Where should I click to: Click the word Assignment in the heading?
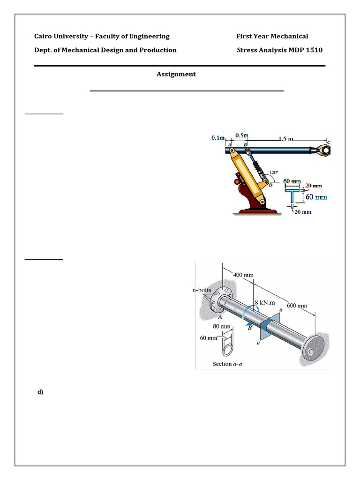coord(176,74)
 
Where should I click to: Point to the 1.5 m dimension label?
coord(285,139)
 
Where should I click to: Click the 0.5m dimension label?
coord(242,136)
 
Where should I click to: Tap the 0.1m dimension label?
coord(218,138)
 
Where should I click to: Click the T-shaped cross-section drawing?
coord(293,196)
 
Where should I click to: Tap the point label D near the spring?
coord(270,185)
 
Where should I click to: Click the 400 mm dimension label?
coord(243,275)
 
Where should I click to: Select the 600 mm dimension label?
coord(297,306)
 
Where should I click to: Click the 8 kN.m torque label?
coord(264,303)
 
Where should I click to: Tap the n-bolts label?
coord(202,290)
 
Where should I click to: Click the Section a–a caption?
coord(228,364)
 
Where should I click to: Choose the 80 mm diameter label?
coord(222,326)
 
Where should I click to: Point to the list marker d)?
coord(40,392)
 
